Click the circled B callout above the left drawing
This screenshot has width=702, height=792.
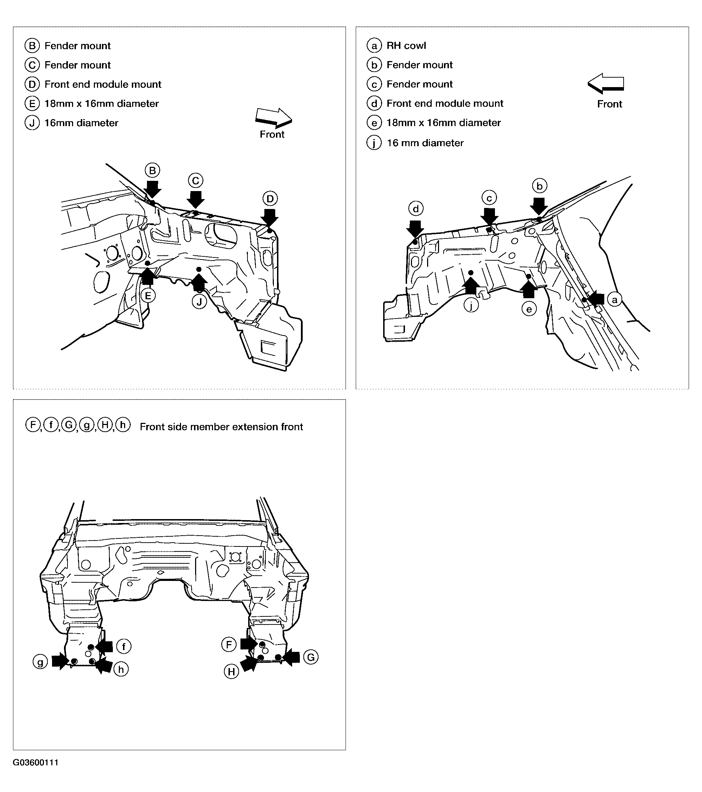[153, 170]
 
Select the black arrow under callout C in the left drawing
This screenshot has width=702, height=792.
[195, 199]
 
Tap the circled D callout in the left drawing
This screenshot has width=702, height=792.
[270, 199]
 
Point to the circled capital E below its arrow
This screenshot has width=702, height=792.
[148, 296]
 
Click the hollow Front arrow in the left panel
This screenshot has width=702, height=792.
[273, 118]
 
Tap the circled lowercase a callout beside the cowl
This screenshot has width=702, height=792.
[614, 300]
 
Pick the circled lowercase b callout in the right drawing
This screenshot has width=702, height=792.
[540, 186]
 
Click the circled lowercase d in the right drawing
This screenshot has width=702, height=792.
[416, 209]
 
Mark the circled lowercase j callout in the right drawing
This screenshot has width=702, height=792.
[471, 306]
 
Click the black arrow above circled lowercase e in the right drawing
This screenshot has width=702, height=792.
[529, 289]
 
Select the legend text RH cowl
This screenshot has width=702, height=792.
[406, 46]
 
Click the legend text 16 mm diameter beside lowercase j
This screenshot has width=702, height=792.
[425, 143]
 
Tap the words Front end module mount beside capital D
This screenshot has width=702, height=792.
[103, 85]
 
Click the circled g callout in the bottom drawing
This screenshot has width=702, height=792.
[40, 662]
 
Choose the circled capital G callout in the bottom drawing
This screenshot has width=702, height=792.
[311, 657]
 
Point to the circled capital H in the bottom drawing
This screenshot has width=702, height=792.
[232, 672]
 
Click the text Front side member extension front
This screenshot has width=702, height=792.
[221, 427]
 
